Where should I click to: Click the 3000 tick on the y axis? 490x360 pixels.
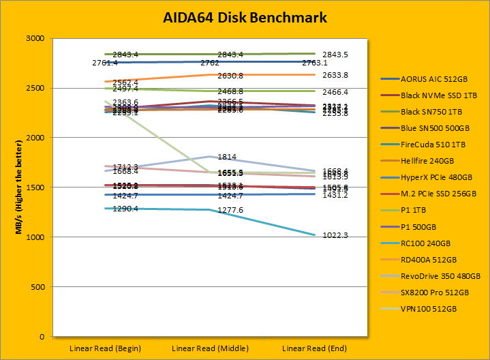35,39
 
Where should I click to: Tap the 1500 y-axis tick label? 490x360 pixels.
35,187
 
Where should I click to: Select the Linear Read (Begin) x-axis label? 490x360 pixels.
105,348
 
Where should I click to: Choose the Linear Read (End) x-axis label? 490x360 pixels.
315,348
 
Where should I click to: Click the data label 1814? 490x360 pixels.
226,157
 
